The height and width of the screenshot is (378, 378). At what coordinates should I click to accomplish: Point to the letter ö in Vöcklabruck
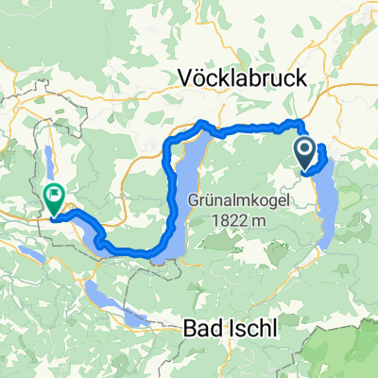(x=201, y=80)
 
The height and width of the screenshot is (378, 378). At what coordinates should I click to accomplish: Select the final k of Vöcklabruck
(x=301, y=80)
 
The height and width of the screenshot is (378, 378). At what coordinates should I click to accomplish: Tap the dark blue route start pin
(x=306, y=151)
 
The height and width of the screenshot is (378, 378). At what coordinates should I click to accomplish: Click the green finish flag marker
(x=53, y=199)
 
